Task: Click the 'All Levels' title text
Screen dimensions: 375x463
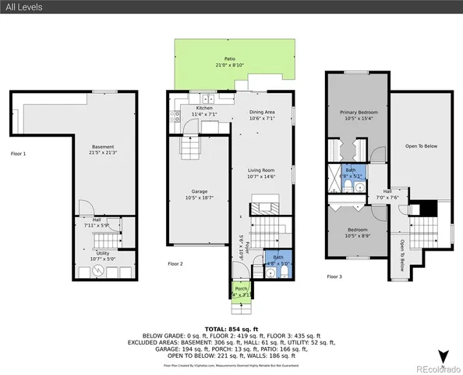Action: tap(24, 7)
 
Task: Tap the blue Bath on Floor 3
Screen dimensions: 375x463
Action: tap(351, 173)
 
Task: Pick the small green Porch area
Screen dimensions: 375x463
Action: tap(241, 291)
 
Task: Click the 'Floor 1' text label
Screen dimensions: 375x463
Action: tap(19, 154)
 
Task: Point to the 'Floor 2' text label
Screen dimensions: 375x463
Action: tap(175, 264)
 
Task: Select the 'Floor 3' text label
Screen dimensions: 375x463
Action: tap(334, 277)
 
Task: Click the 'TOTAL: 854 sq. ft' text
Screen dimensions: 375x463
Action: tap(231, 330)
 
